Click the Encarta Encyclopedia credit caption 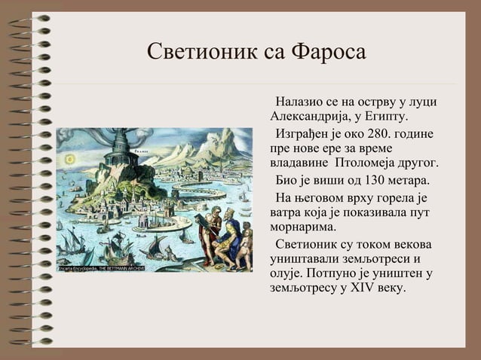click(x=93, y=267)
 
